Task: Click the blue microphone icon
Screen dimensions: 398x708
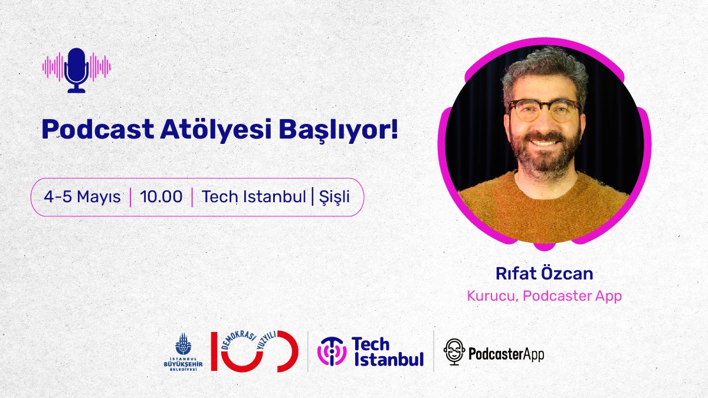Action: tap(77, 69)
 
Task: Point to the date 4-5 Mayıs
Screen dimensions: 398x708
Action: tap(82, 197)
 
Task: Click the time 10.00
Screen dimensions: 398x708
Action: tap(161, 197)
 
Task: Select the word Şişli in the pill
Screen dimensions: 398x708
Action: tap(334, 197)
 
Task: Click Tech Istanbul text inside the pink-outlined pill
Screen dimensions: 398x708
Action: tap(254, 197)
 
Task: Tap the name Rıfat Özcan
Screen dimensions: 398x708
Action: tap(544, 274)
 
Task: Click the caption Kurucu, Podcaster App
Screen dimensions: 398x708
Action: tap(544, 295)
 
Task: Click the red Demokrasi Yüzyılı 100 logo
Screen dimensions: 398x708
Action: tap(254, 351)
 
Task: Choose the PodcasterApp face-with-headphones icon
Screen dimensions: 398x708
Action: tap(454, 352)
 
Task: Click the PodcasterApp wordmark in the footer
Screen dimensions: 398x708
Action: tap(506, 354)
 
